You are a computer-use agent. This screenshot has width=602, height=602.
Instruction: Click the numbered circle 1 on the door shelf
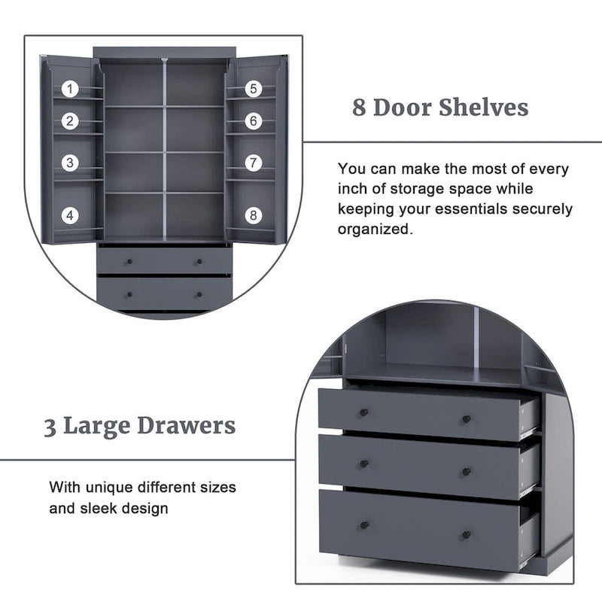pos(70,89)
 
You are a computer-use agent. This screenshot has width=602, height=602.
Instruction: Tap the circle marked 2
pos(70,121)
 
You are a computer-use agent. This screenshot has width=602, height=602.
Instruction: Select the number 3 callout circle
pos(70,163)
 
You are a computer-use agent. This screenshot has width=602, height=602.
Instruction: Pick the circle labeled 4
pos(70,215)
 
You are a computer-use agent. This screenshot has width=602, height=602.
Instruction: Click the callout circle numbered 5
pos(254,89)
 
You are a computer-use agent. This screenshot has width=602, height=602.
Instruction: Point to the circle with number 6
pos(254,121)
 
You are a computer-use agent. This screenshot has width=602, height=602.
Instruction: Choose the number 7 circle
pos(254,163)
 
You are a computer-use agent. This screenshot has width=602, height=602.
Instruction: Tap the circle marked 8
pos(254,215)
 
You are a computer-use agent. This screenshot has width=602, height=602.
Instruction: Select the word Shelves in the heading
pos(484,107)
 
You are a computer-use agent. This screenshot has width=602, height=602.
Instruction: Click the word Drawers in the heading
pos(186,426)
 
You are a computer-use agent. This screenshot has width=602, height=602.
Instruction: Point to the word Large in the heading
pos(97,427)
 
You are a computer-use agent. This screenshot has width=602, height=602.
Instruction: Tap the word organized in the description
pos(375,230)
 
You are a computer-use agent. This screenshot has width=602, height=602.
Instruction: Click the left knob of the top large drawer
pos(363,412)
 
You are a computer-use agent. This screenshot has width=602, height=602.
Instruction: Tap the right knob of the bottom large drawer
pos(467,534)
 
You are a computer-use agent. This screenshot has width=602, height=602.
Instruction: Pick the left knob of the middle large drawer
pos(363,464)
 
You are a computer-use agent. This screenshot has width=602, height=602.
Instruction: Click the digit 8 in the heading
pos(359,108)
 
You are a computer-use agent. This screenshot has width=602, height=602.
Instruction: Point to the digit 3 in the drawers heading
pos(50,427)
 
